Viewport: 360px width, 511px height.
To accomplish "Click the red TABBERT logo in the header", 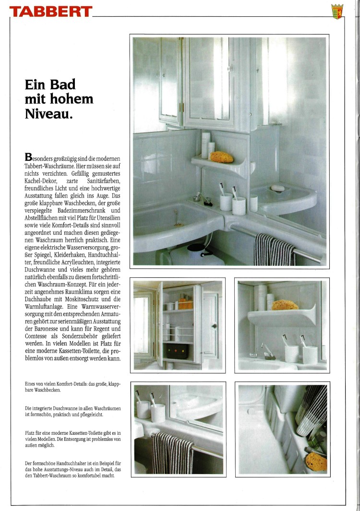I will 50,12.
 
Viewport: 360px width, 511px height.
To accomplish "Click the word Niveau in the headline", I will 48,114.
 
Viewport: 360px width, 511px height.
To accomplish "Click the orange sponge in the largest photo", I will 222,157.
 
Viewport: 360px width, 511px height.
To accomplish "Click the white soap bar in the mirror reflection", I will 278,189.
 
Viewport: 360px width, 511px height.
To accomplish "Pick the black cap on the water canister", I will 196,248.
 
